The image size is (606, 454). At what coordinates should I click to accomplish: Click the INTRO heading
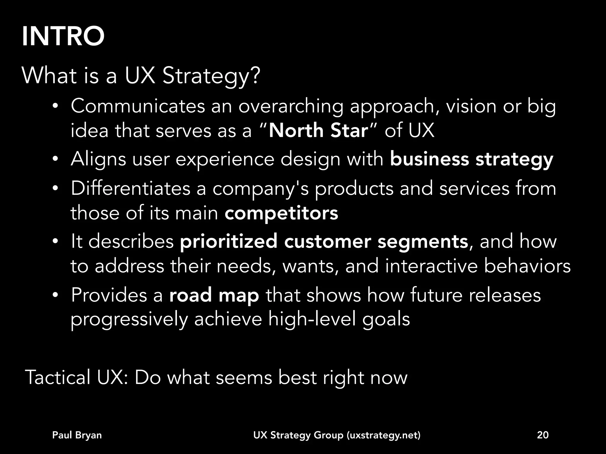(63, 37)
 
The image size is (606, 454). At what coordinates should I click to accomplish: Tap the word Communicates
(138, 106)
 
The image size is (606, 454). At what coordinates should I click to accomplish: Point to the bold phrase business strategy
(471, 159)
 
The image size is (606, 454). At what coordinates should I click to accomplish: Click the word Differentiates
(130, 189)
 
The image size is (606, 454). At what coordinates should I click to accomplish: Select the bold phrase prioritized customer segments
(324, 241)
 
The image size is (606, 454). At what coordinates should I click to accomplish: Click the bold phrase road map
(214, 295)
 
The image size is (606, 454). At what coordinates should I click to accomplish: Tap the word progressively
(129, 319)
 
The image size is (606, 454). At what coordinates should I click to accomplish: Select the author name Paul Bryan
(77, 435)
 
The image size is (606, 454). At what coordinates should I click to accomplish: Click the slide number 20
(543, 435)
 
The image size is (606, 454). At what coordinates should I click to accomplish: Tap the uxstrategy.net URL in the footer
(383, 435)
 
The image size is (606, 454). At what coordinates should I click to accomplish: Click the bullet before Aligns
(55, 160)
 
